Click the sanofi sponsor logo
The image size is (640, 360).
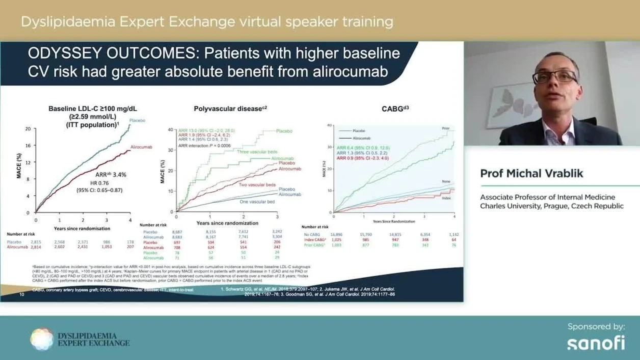(x=596, y=343)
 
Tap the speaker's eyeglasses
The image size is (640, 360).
(x=554, y=76)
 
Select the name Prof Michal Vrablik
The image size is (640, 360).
(x=531, y=174)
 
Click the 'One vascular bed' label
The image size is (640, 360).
(x=257, y=202)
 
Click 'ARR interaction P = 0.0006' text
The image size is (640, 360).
(x=204, y=146)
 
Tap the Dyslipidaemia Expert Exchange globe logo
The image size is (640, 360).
(x=41, y=339)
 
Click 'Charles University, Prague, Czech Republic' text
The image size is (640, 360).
(x=552, y=206)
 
